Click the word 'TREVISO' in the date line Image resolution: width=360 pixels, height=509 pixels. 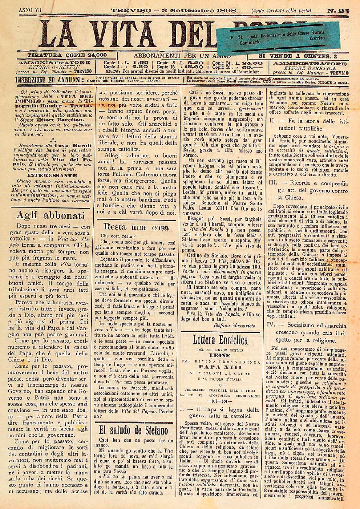tap(131, 10)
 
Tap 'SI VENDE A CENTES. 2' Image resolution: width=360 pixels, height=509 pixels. tap(298, 56)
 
